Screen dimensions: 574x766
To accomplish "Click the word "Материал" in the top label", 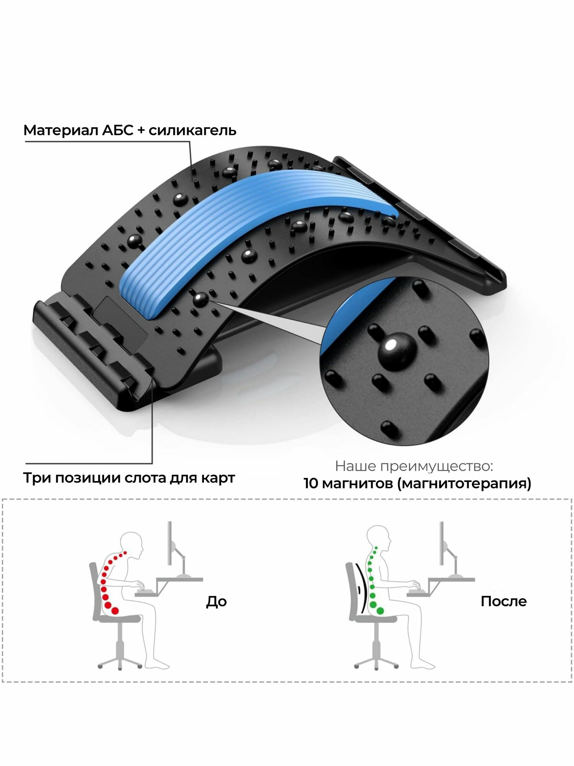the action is [59, 130].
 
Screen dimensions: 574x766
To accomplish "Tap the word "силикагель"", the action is [192, 130].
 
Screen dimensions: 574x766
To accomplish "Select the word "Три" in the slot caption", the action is [37, 478].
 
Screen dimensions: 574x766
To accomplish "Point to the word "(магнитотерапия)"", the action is [464, 484].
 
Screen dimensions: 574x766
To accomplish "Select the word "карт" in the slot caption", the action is [219, 478].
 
